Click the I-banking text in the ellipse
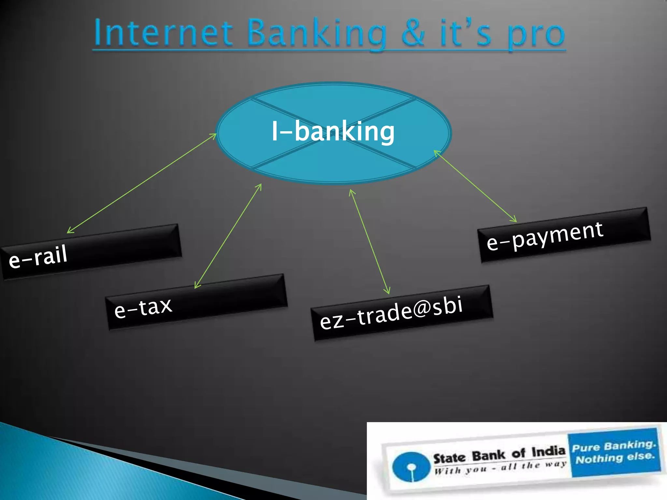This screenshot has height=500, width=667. [x=333, y=131]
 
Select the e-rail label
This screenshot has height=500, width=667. [x=38, y=257]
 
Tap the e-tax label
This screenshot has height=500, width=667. [x=143, y=307]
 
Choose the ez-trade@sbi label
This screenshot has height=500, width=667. [x=391, y=312]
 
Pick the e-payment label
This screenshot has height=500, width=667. [x=545, y=236]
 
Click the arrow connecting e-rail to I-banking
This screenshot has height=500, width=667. [x=142, y=183]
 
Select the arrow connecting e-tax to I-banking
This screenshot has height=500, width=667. [x=228, y=236]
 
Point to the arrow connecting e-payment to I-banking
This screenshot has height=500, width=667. [x=475, y=186]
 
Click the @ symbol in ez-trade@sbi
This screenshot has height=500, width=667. [x=422, y=308]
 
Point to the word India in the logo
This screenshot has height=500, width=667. [x=548, y=451]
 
